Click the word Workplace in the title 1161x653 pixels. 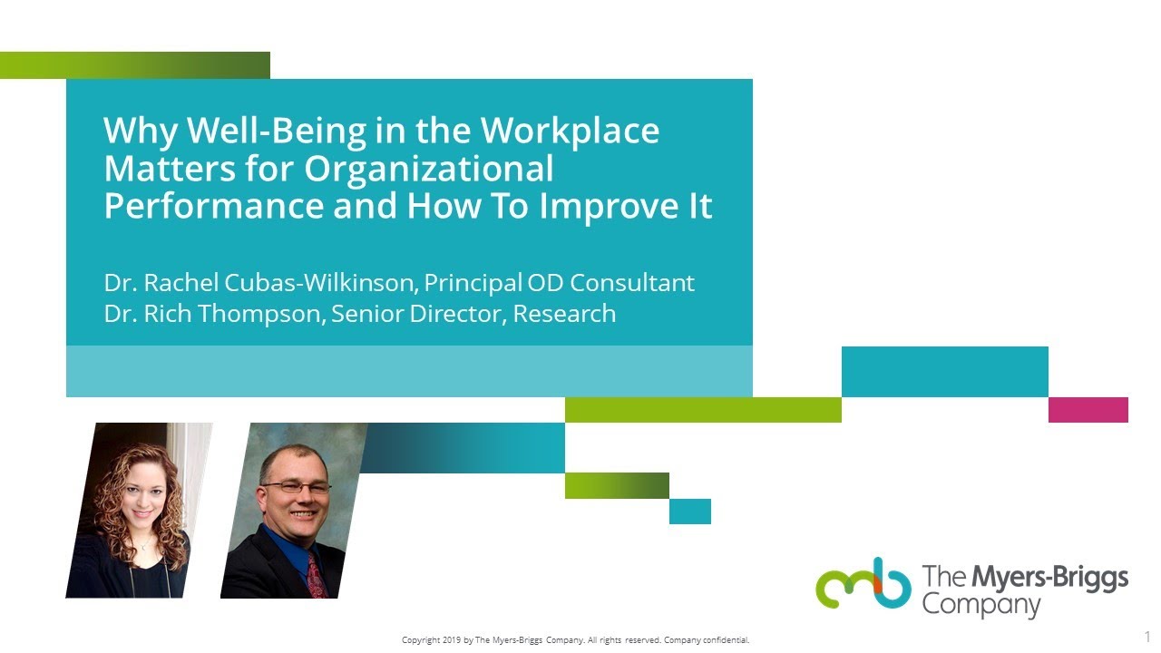570,132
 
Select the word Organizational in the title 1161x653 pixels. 428,170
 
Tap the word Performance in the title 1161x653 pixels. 213,207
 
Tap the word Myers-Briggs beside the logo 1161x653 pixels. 1050,577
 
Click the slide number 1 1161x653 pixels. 1146,637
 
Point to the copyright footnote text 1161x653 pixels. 575,640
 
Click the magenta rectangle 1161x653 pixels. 1088,410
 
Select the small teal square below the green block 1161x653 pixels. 689,512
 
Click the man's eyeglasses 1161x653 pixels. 296,487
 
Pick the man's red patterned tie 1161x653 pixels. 314,575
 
